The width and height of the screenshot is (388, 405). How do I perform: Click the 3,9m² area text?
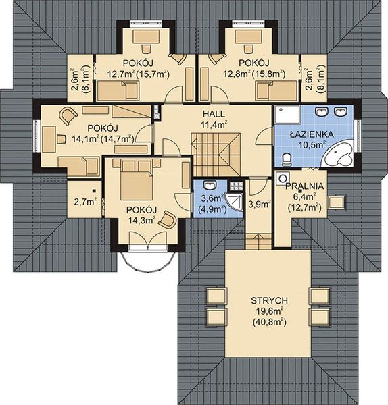tap(259, 204)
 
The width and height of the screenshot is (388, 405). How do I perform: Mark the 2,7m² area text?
tap(84, 201)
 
